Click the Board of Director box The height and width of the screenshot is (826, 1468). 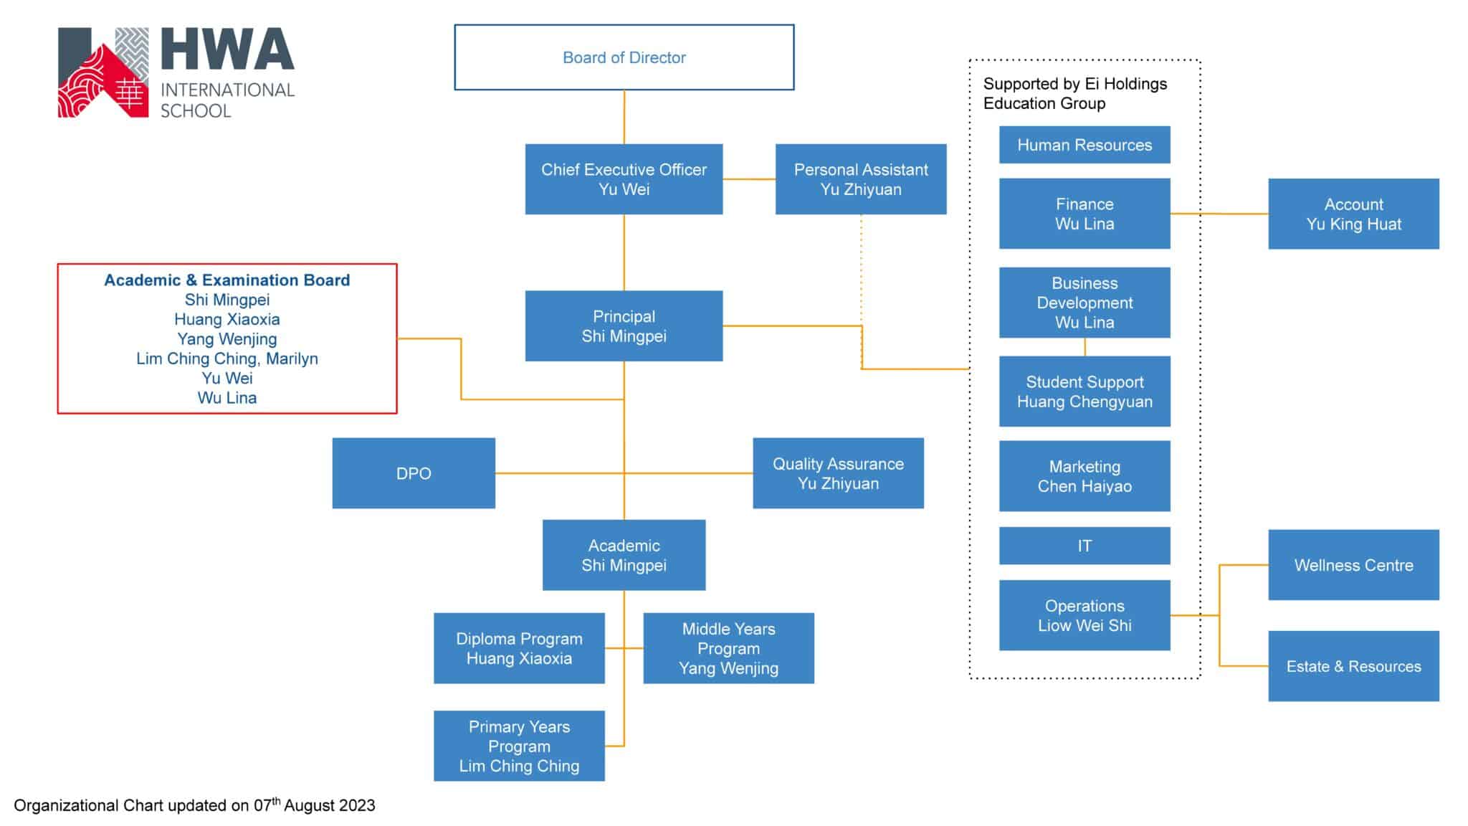coord(624,57)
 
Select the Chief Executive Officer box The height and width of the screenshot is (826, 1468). coord(624,179)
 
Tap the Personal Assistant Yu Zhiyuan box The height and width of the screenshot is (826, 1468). coord(861,179)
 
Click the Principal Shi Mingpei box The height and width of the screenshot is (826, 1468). coord(624,326)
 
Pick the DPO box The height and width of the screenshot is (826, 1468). coord(414,473)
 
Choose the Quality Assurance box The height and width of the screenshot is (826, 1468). coord(838,473)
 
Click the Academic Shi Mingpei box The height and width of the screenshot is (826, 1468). coord(624,555)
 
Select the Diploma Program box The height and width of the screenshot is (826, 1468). coord(519,648)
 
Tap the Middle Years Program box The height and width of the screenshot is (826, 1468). coord(728,648)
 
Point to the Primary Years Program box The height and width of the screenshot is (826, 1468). coord(519,746)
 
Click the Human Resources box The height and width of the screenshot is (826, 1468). coord(1085,145)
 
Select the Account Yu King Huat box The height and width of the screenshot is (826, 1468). coord(1353,214)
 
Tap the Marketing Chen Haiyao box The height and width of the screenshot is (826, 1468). coord(1085,476)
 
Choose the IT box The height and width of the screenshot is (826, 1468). coord(1085,546)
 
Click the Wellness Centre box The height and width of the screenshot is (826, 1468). coord(1353,565)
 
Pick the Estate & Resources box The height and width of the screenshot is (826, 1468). coord(1353,666)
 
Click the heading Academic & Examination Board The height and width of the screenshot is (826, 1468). coord(227,280)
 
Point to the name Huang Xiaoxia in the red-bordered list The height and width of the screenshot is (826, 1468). coord(227,320)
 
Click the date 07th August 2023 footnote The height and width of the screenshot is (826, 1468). coord(315,805)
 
